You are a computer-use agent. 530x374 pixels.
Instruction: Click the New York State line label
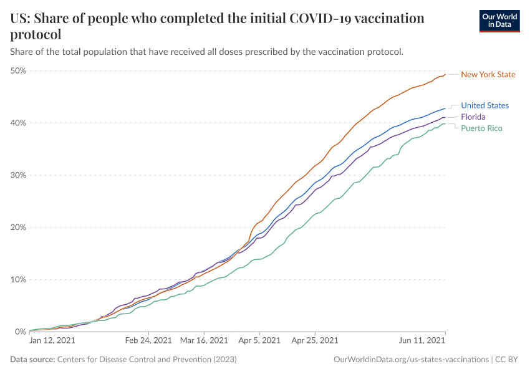[488, 75]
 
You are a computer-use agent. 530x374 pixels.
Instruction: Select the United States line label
[484, 105]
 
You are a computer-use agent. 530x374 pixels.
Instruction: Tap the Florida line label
[473, 117]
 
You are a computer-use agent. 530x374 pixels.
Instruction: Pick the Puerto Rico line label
[481, 128]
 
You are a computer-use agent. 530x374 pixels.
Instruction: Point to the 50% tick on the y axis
[18, 70]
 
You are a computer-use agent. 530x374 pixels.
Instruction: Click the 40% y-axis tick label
[18, 123]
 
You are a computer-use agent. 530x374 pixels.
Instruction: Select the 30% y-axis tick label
[18, 175]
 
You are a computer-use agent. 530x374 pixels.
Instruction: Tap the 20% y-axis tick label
[18, 228]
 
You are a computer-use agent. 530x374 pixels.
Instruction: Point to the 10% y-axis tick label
[18, 279]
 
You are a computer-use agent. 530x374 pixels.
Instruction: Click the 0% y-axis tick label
[20, 332]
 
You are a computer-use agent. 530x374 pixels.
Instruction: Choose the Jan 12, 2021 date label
[53, 341]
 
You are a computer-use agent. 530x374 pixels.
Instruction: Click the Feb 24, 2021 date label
[148, 341]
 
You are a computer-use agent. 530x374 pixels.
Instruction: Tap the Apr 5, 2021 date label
[259, 341]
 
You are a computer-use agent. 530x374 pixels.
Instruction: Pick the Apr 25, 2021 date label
[315, 341]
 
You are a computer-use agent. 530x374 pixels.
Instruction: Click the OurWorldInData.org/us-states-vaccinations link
[411, 360]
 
